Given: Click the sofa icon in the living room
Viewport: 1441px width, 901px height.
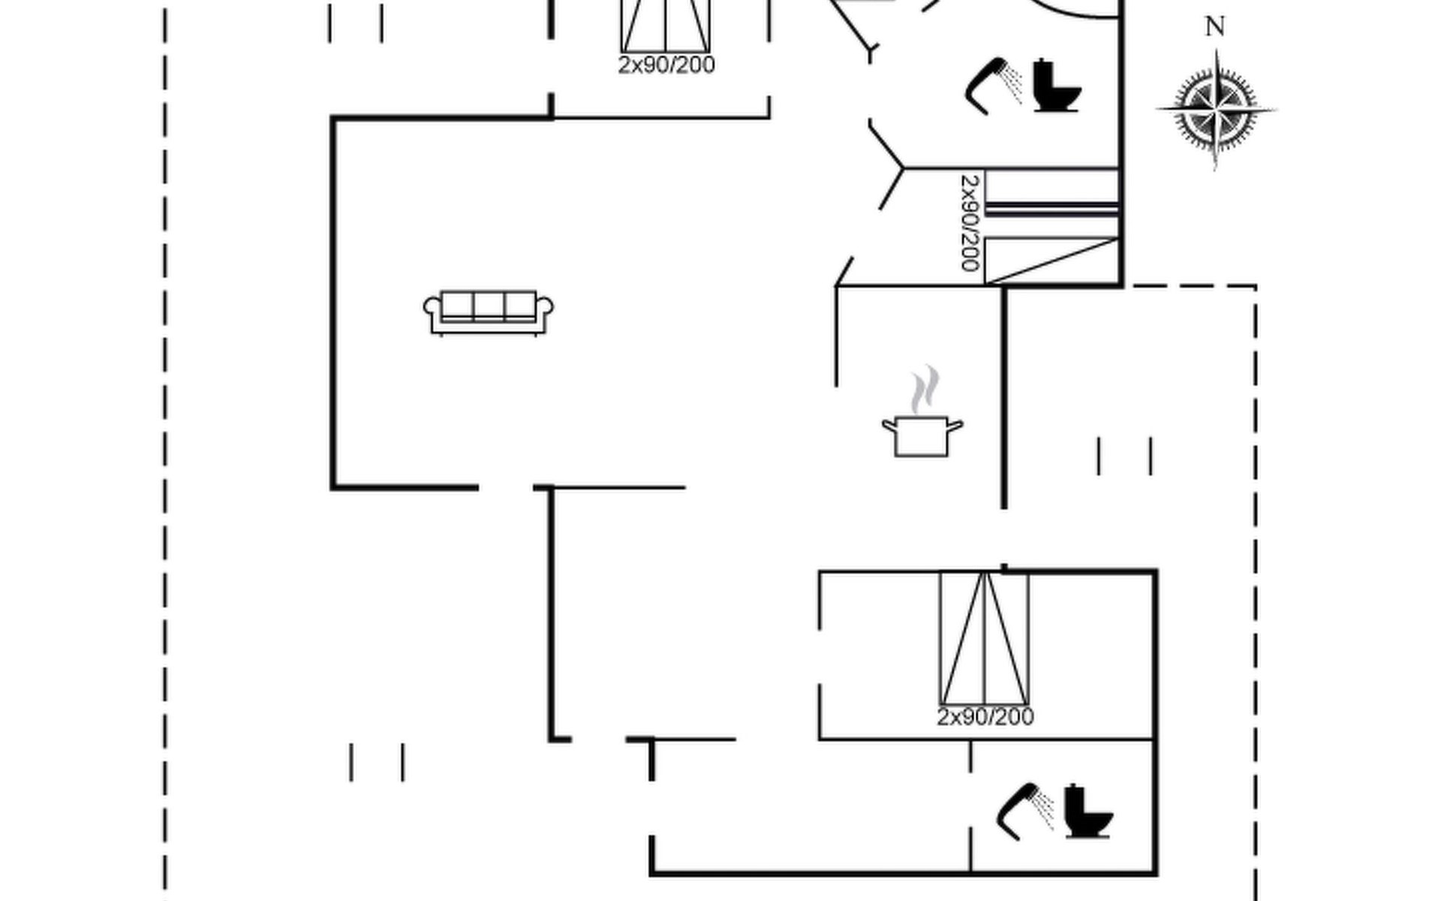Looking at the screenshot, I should [x=489, y=312].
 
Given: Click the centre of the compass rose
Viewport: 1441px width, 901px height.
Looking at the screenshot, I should [x=1216, y=110].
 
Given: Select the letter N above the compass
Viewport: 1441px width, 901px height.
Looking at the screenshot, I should [x=1215, y=27].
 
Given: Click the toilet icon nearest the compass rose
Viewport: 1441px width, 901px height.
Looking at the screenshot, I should [x=1056, y=86].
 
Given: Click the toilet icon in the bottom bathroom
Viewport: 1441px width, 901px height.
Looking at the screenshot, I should [x=1088, y=812].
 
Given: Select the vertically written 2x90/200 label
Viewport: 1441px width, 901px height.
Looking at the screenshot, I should [x=970, y=223].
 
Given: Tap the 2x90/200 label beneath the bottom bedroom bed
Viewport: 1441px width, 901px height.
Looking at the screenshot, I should [x=985, y=717].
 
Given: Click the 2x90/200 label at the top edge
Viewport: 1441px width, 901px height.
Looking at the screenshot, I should [x=666, y=65].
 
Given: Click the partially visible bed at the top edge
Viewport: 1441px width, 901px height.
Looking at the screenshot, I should [x=666, y=26].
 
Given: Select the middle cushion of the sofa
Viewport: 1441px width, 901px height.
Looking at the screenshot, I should [x=489, y=306].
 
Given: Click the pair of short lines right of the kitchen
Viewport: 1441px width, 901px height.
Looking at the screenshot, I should [x=1124, y=456].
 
